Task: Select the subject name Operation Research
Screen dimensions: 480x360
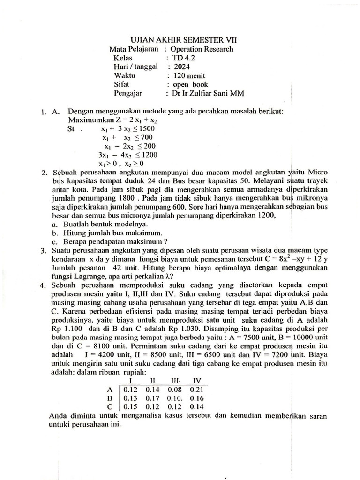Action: pos(202,49)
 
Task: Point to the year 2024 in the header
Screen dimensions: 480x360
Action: pos(182,67)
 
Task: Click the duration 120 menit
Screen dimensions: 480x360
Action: pos(189,75)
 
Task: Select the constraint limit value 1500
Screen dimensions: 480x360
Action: pos(145,129)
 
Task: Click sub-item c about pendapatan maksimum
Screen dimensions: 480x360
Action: pos(110,242)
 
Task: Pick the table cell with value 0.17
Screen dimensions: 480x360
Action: pos(153,397)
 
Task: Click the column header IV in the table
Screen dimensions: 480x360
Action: pos(197,380)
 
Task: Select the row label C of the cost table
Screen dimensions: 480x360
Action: pos(110,406)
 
